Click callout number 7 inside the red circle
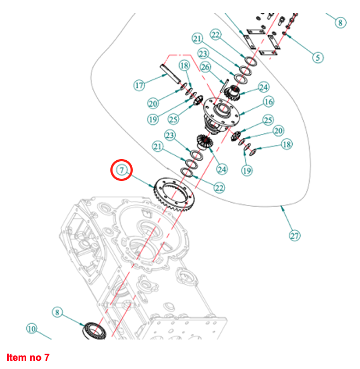pyautogui.click(x=121, y=169)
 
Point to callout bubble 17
pyautogui.click(x=139, y=85)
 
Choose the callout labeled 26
pyautogui.click(x=205, y=67)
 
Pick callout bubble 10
pyautogui.click(x=31, y=329)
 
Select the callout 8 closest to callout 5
pyautogui.click(x=340, y=22)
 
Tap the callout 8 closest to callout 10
pyautogui.click(x=57, y=312)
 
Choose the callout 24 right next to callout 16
pyautogui.click(x=264, y=87)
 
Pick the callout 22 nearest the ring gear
pyautogui.click(x=219, y=188)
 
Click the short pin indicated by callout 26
pyautogui.click(x=224, y=84)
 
